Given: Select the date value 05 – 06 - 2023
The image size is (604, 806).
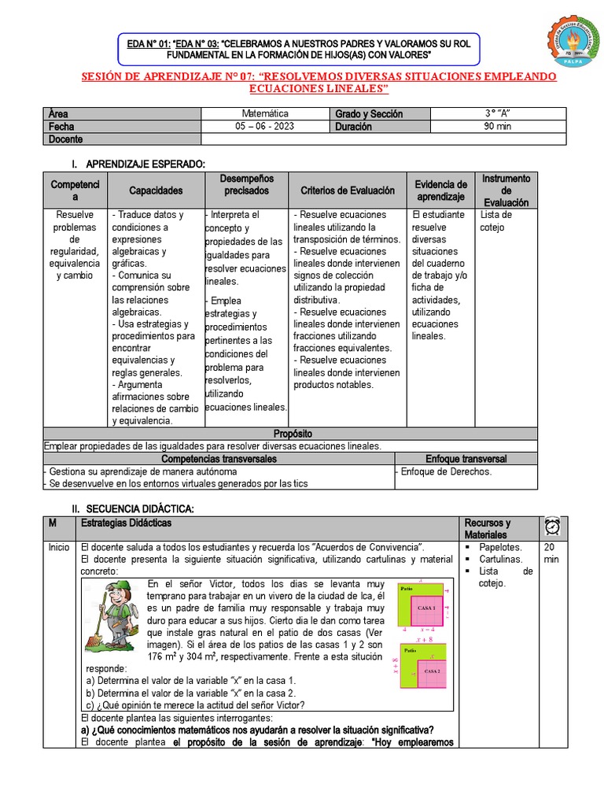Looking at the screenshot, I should tap(265, 127).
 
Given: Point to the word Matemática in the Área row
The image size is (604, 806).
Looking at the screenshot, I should tap(265, 114).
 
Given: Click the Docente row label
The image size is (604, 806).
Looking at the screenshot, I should tap(65, 139).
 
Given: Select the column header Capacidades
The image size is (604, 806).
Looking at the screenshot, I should tap(156, 190).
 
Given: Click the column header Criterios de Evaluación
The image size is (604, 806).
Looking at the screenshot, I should tap(347, 190).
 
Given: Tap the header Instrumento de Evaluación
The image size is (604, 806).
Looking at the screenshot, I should tap(506, 190).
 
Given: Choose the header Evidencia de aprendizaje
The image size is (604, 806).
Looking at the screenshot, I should tap(441, 190).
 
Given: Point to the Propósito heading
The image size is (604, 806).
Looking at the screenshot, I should tap(293, 434).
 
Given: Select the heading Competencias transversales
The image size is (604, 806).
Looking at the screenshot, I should tap(219, 459).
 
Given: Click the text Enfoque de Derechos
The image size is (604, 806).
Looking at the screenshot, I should tap(446, 471).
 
